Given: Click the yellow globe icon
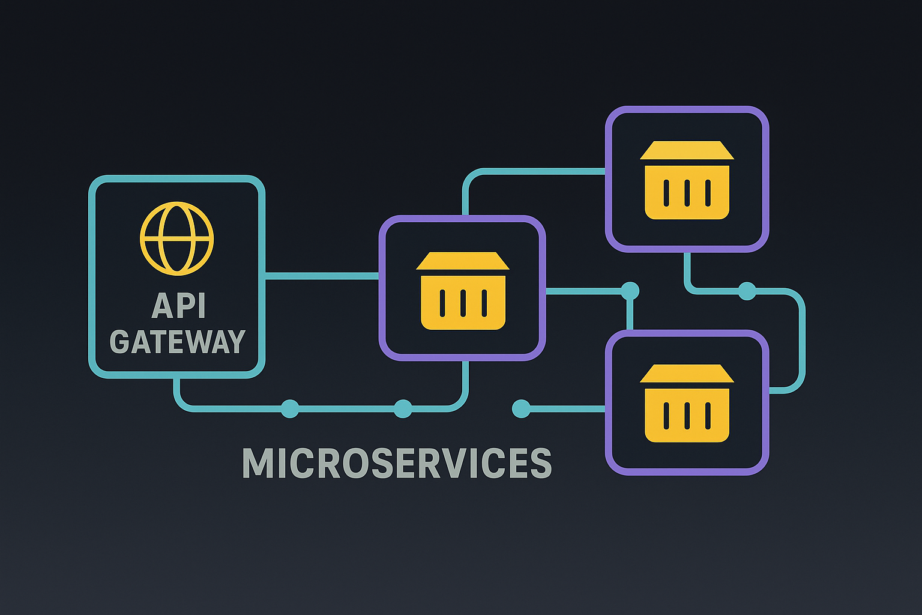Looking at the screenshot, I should (x=176, y=238).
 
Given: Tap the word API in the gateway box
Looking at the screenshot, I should (x=179, y=306).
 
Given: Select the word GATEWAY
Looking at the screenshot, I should (x=177, y=342).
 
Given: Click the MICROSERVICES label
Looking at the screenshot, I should (x=396, y=463).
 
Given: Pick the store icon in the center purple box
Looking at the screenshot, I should (x=463, y=291).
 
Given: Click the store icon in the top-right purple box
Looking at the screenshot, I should (x=687, y=180).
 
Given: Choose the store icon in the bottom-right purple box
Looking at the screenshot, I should (x=687, y=403).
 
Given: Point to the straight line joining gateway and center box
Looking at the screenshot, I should (x=321, y=276).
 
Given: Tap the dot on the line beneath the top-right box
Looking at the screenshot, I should (x=747, y=291).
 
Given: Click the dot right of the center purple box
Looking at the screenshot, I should (x=630, y=291).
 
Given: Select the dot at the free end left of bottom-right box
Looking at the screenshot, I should (x=521, y=409).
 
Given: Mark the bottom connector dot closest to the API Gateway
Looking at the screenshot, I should (x=290, y=409).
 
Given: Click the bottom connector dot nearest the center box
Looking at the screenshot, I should (x=403, y=409).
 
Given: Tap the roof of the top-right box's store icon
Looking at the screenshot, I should (x=687, y=150).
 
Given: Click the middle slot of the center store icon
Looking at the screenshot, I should (x=463, y=303).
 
